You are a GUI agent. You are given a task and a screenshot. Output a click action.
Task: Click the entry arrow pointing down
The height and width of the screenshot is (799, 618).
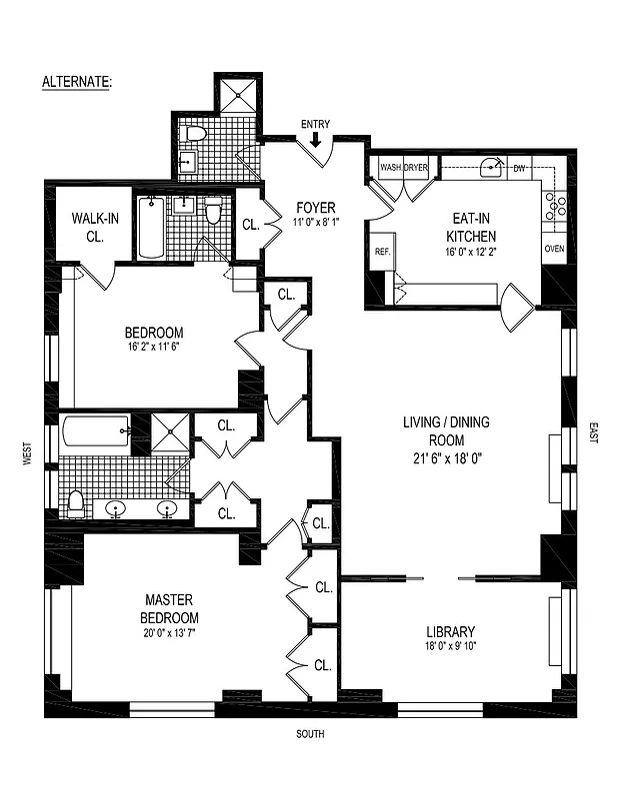pos(315,141)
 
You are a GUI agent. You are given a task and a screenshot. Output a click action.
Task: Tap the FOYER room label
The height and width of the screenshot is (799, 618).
pos(315,208)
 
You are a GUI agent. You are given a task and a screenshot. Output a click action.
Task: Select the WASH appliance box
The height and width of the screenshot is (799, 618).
pos(391,168)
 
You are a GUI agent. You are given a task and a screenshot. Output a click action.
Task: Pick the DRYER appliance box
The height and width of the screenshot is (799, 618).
pos(416,168)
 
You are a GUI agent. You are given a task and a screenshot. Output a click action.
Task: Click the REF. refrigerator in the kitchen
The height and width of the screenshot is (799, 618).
pos(382,252)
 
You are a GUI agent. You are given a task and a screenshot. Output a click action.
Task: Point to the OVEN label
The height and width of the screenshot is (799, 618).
pos(555,248)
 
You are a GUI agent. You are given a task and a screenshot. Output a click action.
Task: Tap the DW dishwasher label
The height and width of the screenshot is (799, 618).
pos(519,169)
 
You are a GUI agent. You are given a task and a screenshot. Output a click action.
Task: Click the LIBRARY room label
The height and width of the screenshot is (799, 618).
pos(449,631)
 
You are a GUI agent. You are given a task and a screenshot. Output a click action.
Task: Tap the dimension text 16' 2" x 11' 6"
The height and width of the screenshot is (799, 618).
pos(153,349)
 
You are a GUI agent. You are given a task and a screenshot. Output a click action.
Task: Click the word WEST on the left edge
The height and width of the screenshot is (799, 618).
pos(26,454)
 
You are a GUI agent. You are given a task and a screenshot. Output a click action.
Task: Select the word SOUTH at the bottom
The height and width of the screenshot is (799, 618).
pos(309,735)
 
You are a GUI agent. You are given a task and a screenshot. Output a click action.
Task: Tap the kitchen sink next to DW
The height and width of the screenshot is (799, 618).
pos(491,168)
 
